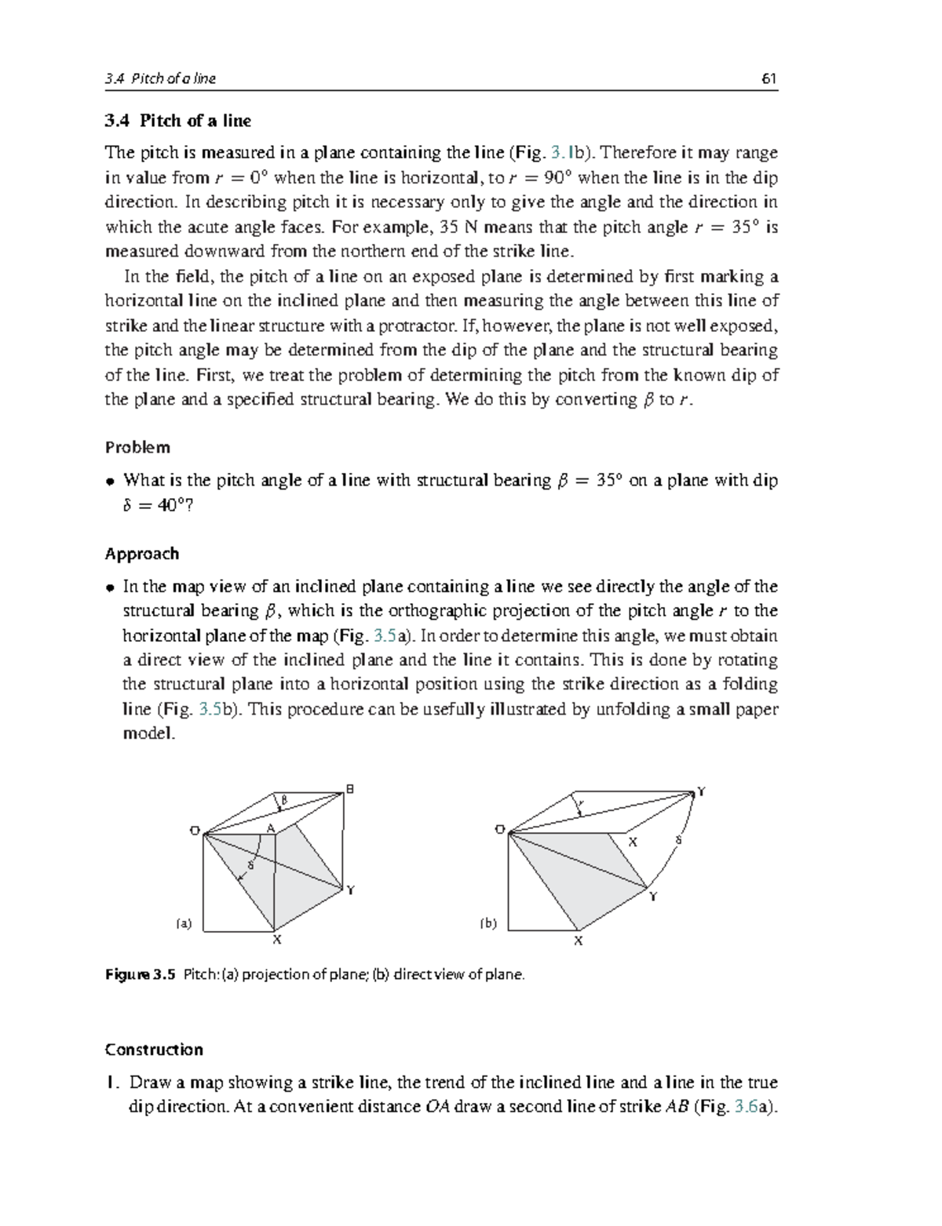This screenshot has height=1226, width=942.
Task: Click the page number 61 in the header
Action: pos(769,78)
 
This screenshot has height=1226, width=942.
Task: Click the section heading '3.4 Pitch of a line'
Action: pos(178,121)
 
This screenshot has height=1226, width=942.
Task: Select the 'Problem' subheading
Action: pos(137,447)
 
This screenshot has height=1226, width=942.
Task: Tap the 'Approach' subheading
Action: pos(142,554)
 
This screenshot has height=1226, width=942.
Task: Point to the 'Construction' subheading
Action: pos(154,1050)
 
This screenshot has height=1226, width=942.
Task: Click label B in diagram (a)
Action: pos(350,788)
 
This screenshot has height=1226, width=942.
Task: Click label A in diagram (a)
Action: pos(270,828)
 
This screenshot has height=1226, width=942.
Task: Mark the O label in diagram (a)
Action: pos(194,831)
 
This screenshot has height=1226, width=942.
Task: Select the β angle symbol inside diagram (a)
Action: pos(285,800)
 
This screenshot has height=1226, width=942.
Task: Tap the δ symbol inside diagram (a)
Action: pos(250,865)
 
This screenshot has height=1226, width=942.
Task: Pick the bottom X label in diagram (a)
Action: pos(276,939)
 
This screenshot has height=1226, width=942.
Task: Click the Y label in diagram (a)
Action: pos(351,890)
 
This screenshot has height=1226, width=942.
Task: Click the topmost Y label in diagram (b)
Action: pos(701,791)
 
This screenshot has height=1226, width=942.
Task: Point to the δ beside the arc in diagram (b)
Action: pos(678,841)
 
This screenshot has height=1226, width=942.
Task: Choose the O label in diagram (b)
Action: pos(499,829)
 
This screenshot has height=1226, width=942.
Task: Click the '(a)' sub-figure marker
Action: pos(183,923)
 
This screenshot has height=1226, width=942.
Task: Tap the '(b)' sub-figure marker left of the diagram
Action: pos(488,923)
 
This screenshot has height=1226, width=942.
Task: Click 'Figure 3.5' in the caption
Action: pos(139,975)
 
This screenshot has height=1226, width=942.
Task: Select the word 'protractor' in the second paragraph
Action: pos(416,326)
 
